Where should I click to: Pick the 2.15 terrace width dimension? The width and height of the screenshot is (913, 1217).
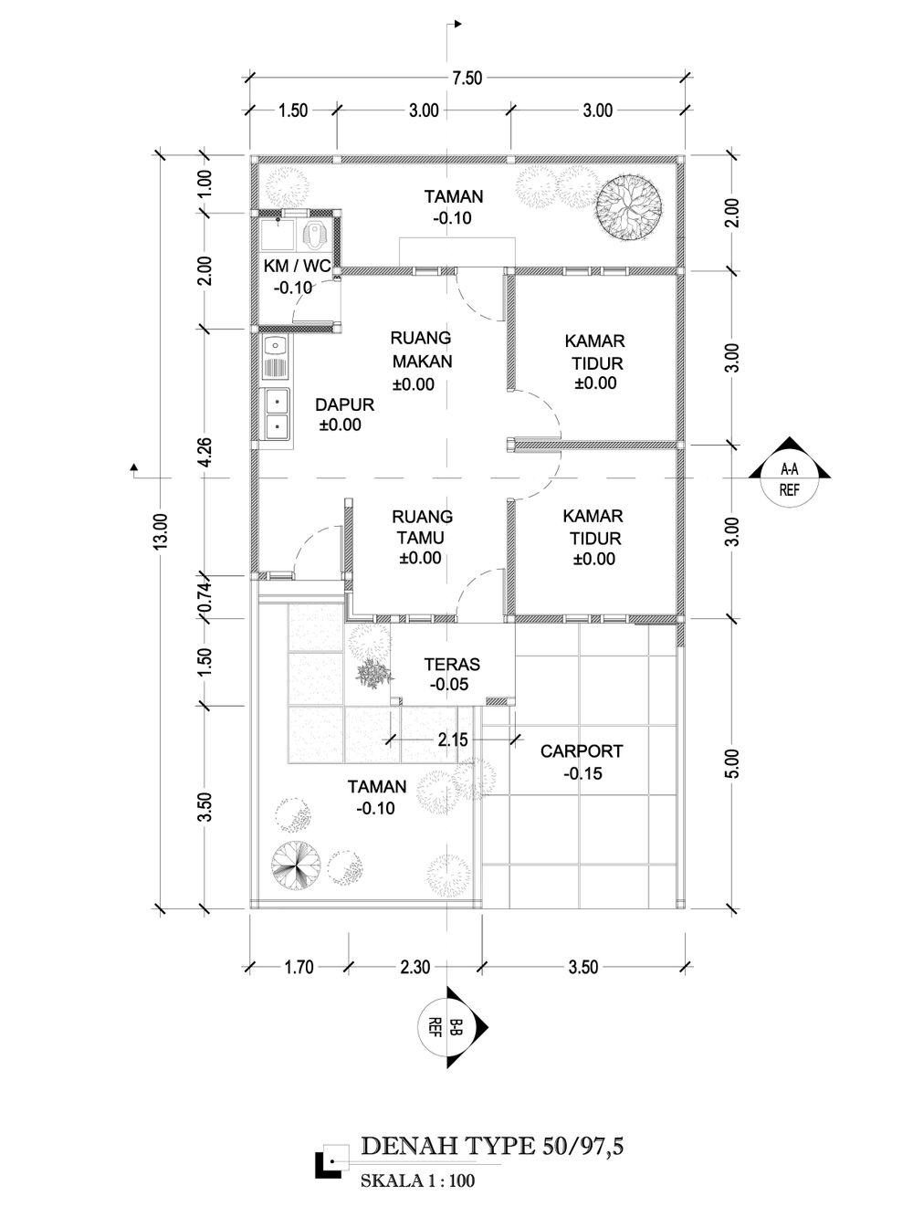click(453, 740)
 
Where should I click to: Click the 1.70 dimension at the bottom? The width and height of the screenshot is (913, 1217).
click(299, 967)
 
